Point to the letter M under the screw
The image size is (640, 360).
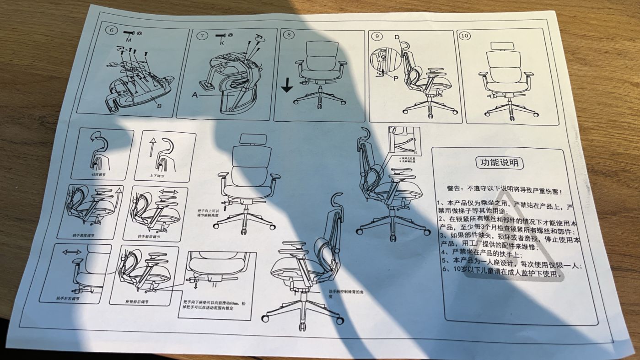[128, 41]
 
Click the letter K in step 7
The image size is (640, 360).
[221, 43]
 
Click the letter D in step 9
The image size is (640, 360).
[397, 37]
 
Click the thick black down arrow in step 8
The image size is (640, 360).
[287, 85]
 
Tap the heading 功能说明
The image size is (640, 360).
[499, 162]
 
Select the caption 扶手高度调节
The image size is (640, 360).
[83, 235]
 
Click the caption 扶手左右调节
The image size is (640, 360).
[68, 298]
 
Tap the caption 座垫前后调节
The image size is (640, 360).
[137, 302]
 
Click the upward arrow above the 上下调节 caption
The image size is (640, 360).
[152, 147]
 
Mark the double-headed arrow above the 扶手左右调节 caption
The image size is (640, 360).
[72, 252]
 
